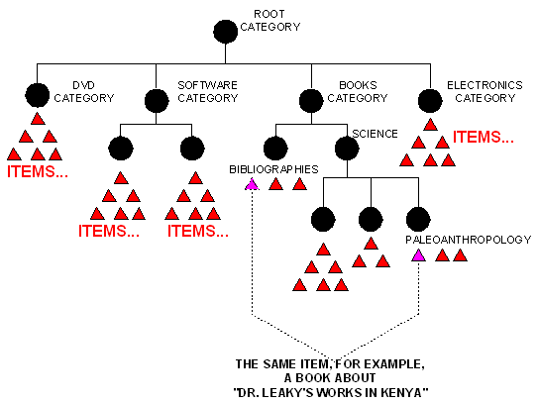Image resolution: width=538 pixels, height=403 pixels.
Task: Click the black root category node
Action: point(226,32)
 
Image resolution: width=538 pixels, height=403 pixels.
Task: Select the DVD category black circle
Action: point(38,95)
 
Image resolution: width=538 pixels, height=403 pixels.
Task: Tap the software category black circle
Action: point(157,101)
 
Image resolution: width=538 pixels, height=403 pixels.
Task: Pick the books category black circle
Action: point(311,101)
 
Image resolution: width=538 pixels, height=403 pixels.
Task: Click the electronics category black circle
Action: point(430,101)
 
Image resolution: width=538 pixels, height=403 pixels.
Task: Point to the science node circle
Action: point(347,149)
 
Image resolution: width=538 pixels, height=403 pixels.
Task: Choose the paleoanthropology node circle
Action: point(418,219)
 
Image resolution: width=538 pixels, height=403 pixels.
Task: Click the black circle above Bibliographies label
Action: point(275,149)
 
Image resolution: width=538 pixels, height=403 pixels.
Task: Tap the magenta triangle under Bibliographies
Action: point(252,184)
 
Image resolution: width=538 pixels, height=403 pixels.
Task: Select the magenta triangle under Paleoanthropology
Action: point(418,255)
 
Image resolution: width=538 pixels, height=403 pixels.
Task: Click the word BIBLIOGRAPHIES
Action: point(273,169)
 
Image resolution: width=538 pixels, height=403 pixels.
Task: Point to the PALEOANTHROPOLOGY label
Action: point(469,240)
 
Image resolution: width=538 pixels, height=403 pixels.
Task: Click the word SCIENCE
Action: point(376,134)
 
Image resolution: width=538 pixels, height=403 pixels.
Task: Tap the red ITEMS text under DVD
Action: point(38,171)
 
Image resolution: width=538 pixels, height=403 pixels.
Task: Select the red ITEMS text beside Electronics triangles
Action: point(484,137)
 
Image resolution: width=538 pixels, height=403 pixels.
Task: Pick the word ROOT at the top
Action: point(269,14)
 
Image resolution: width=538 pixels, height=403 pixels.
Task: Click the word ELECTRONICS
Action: point(484,85)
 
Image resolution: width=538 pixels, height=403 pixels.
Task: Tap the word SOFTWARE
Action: point(208,85)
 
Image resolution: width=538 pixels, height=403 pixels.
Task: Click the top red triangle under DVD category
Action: point(38,119)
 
